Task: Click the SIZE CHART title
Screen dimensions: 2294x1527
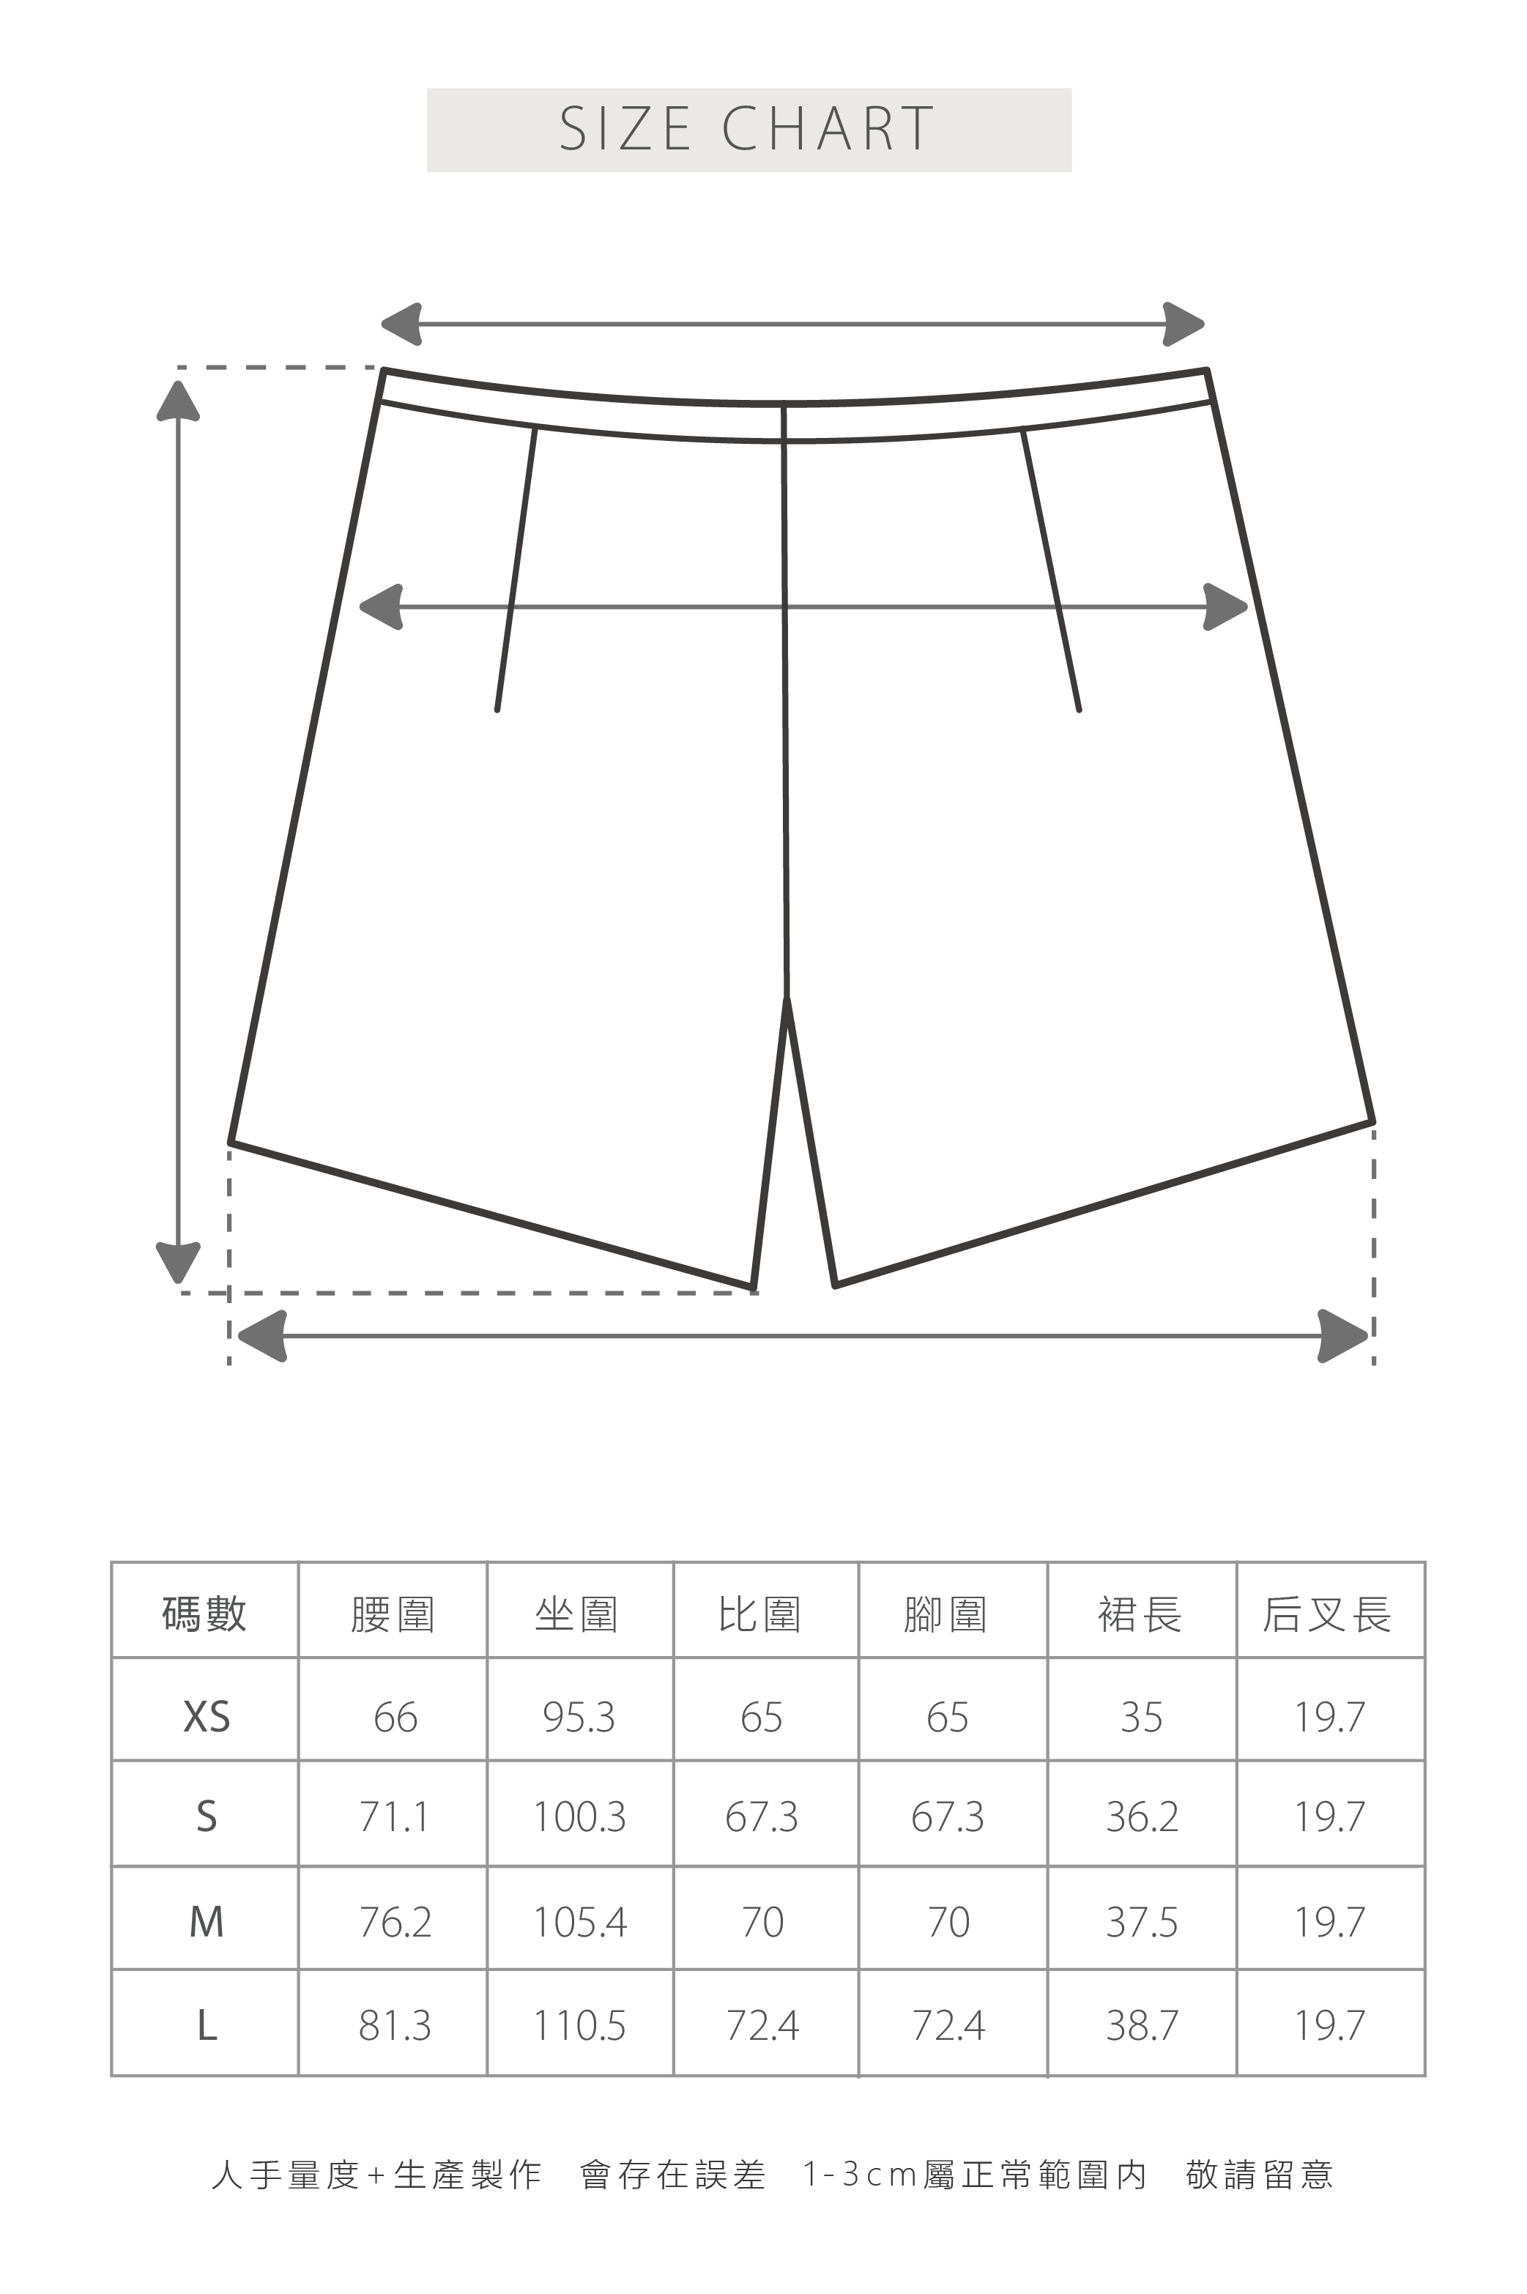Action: click(x=748, y=130)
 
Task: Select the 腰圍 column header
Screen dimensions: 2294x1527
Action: click(x=392, y=1615)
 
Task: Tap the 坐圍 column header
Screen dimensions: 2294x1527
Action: click(x=576, y=1615)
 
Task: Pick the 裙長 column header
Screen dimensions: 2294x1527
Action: click(x=1140, y=1615)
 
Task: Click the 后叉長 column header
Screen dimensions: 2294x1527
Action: click(x=1327, y=1615)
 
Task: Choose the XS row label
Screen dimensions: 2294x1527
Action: click(x=207, y=1717)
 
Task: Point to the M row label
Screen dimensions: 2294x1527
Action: click(x=207, y=1922)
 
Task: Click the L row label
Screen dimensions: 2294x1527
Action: click(x=207, y=2026)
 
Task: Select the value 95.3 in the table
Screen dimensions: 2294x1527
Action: click(x=579, y=1718)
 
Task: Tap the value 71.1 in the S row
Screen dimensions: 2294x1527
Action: click(x=393, y=1817)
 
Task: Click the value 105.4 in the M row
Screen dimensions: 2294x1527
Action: click(x=579, y=1922)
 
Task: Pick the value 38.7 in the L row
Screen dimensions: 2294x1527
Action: click(x=1141, y=2026)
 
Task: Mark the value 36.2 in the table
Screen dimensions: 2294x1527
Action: click(x=1141, y=1817)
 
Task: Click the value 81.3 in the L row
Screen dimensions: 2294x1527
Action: click(x=395, y=2026)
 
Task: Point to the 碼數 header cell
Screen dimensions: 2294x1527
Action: click(x=204, y=1615)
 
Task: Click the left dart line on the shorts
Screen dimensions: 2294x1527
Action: click(x=516, y=570)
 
